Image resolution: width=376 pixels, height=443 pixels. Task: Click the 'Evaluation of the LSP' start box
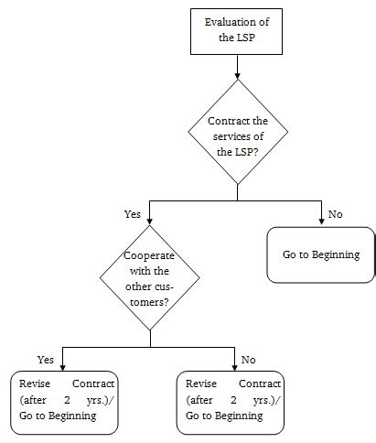237,29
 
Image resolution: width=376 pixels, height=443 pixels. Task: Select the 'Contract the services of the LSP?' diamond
237,135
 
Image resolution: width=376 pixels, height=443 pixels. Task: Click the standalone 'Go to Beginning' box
320,255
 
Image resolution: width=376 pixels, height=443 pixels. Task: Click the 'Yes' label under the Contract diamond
133,214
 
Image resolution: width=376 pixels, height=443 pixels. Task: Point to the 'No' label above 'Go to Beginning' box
335,214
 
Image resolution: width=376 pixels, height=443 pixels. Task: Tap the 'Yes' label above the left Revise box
45,359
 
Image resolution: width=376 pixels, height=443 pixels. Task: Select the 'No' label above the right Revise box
249,359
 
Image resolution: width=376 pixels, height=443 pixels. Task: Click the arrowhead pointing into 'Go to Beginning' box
320,222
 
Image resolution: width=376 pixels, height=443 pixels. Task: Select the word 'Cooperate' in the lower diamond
149,257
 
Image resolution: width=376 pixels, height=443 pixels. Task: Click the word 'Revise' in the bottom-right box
201,384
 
